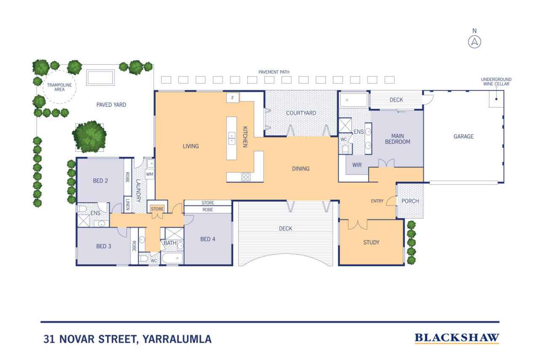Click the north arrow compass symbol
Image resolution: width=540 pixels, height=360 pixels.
click(x=475, y=42)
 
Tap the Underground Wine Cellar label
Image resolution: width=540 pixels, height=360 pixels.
click(x=496, y=81)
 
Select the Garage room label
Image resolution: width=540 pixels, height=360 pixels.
click(x=463, y=136)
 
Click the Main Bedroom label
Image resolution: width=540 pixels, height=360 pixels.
click(x=397, y=139)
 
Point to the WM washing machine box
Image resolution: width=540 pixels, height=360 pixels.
click(x=149, y=174)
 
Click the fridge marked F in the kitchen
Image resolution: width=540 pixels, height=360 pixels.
click(x=232, y=98)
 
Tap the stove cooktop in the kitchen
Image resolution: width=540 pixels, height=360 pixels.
click(x=246, y=177)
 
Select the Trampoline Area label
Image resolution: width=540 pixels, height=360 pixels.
click(x=59, y=87)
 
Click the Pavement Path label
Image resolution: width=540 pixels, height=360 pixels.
click(x=274, y=72)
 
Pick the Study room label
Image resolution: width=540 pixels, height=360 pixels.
click(x=371, y=242)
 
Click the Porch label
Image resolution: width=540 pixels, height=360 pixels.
click(x=410, y=201)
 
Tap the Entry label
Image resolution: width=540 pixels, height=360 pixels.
click(x=377, y=201)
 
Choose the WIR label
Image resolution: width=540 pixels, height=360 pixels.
click(x=357, y=165)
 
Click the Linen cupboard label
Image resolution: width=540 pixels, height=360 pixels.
click(x=128, y=204)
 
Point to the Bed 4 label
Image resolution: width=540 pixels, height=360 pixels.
click(x=208, y=239)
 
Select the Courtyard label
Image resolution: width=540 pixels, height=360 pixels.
click(x=301, y=113)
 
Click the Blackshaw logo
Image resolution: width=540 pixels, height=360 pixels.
click(x=457, y=338)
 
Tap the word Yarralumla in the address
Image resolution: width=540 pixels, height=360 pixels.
click(x=177, y=339)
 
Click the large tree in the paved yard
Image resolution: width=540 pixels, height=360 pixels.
click(x=89, y=136)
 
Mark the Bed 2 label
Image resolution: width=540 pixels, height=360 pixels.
click(x=100, y=181)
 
